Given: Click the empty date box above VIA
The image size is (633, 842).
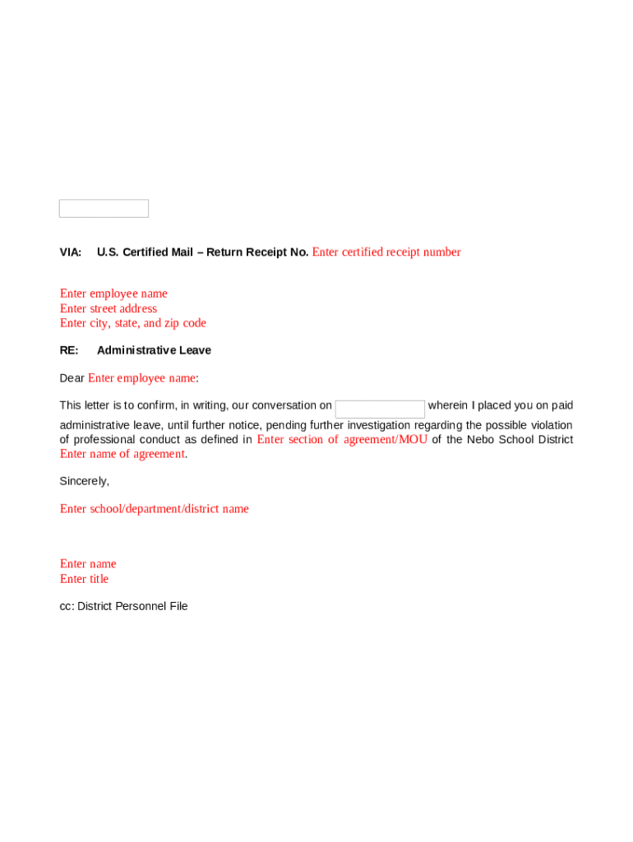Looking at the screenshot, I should coord(104,209).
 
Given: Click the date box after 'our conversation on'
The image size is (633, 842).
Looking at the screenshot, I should coord(380,409).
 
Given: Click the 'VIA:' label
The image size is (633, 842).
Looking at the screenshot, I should coord(71,252).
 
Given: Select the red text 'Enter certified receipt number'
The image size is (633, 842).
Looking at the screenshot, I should coord(386,252).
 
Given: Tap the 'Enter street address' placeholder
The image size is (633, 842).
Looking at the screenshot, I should coord(109,308).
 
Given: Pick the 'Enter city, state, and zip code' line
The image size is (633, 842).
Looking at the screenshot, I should coord(133,323).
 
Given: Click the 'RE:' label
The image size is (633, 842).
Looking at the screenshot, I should coord(69,350).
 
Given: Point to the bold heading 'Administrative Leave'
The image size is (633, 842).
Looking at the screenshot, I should coord(154,350).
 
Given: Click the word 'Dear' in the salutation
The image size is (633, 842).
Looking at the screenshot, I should coord(72,378).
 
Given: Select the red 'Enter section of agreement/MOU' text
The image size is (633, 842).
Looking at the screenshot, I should coord(342,439).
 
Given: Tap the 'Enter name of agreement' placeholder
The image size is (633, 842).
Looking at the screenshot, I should coord(122,454).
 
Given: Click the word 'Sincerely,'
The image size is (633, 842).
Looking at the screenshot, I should coord(84,481).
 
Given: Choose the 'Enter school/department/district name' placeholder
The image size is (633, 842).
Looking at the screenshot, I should coord(155,509).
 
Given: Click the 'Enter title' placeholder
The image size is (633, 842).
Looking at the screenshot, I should coord(84,579).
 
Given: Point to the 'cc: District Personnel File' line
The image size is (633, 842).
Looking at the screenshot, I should coord(123,606).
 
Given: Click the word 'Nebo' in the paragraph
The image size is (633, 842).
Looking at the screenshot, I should coord(481,439).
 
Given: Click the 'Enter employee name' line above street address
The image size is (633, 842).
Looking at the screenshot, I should coord(113,294).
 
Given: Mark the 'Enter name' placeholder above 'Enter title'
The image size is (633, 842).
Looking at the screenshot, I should coord(88,564).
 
